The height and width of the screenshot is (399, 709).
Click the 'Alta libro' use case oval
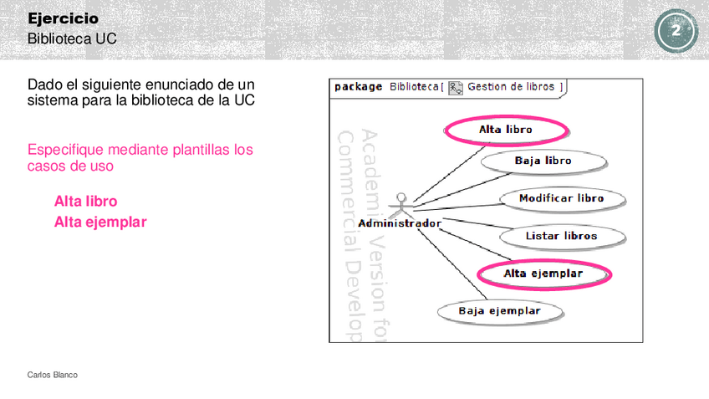506,130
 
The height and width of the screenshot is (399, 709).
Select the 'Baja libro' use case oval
543,161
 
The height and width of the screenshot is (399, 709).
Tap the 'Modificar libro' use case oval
561,198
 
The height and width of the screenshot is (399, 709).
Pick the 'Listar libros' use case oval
562,236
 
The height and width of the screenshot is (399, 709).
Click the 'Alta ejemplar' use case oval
543,274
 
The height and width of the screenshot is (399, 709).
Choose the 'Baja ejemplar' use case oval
499,311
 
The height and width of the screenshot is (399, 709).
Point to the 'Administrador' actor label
400,223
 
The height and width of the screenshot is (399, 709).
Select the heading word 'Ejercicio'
63,18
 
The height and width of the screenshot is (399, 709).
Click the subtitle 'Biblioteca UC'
72,38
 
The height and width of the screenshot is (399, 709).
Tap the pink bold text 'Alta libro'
85,202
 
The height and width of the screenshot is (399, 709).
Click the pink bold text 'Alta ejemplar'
100,222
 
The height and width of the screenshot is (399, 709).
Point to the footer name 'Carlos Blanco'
53,375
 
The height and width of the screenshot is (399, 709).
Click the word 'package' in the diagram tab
358,86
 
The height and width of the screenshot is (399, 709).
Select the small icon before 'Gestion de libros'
456,87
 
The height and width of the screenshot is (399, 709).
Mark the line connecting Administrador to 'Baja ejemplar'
451,263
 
